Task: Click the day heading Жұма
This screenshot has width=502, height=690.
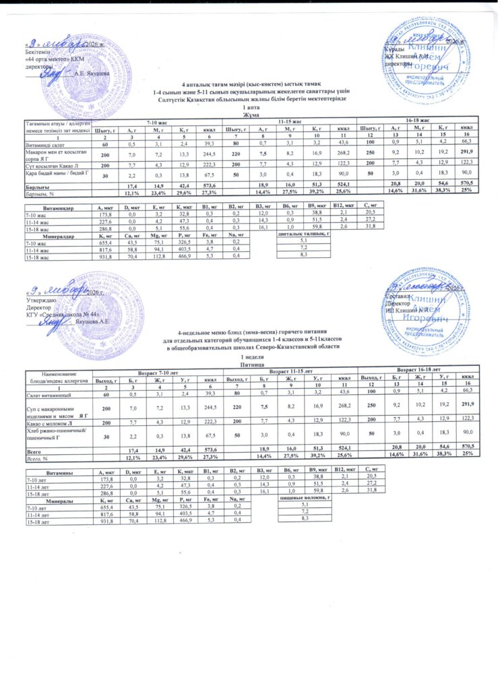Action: (251, 114)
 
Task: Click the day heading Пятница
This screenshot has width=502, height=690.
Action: (251, 363)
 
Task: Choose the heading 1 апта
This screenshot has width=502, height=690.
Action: (251, 108)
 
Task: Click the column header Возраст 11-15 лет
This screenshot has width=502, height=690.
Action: (290, 371)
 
